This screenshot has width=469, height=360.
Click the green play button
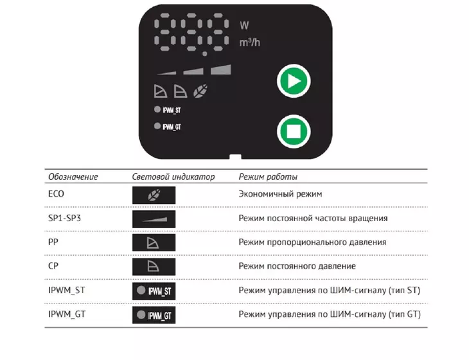294,81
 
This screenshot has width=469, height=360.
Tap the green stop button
294,131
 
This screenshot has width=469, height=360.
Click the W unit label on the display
244,26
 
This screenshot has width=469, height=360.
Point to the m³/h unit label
250,42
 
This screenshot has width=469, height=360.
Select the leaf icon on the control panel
200,91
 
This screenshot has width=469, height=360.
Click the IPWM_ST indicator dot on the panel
157,109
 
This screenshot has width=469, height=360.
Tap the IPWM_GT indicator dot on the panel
157,126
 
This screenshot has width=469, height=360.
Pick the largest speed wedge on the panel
221,69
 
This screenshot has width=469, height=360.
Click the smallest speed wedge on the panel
166,73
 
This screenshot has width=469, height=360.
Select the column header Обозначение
73,177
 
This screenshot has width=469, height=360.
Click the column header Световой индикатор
173,177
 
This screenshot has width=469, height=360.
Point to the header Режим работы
268,177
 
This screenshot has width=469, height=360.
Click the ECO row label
57,194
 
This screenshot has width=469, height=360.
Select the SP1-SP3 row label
65,218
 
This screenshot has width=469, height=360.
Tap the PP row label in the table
53,242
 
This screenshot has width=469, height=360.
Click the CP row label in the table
53,265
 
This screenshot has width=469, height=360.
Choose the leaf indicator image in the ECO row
154,195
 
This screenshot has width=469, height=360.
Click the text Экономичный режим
280,194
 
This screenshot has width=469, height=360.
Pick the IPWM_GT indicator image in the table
154,315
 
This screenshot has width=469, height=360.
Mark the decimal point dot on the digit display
205,54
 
